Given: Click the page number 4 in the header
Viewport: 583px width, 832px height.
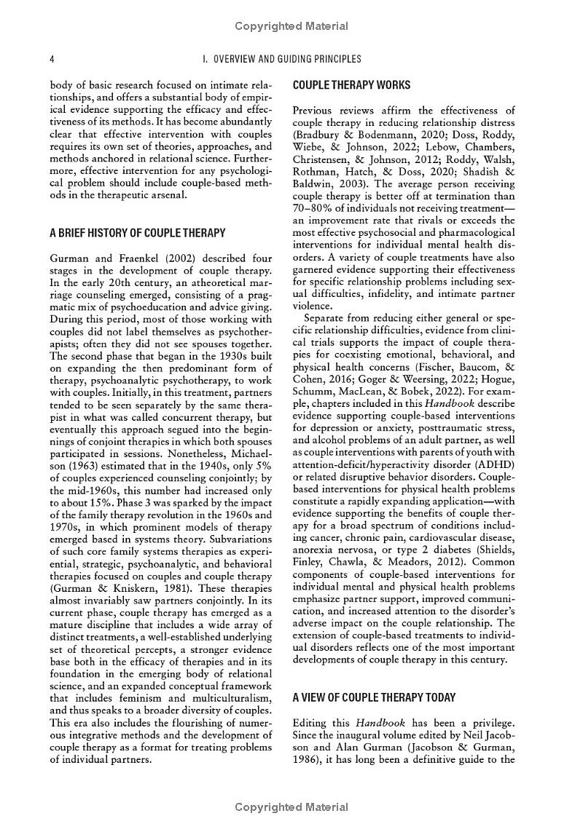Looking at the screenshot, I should pyautogui.click(x=51, y=59).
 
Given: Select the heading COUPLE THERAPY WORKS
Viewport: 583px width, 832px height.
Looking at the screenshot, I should pyautogui.click(x=351, y=86).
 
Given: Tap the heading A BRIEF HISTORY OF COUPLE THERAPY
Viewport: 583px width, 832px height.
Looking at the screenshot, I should pyautogui.click(x=137, y=234).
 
